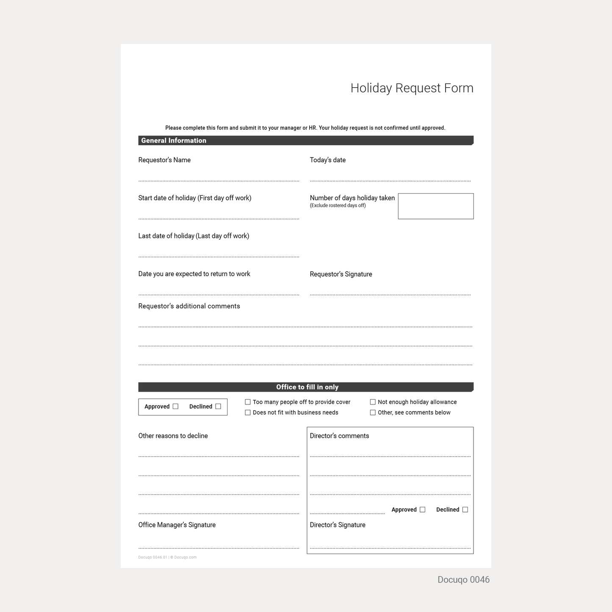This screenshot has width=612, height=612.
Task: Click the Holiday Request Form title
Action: (x=412, y=88)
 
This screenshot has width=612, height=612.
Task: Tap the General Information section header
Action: (x=174, y=141)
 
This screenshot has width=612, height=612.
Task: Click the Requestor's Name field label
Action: (x=164, y=160)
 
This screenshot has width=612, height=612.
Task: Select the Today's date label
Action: (x=327, y=160)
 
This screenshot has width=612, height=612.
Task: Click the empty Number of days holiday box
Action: (x=435, y=206)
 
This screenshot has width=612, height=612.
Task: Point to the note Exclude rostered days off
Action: (x=338, y=206)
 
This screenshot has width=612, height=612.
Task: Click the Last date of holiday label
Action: (x=194, y=236)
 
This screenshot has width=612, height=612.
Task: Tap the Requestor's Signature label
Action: (x=341, y=274)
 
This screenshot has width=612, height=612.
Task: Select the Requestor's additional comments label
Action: (x=189, y=306)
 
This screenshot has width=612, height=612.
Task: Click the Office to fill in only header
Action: (x=307, y=387)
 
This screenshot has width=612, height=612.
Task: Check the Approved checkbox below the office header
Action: (x=175, y=407)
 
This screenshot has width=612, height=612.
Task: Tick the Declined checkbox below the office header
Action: (x=218, y=407)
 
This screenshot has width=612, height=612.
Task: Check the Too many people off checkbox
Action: (x=248, y=402)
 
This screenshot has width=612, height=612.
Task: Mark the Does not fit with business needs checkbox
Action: (x=248, y=413)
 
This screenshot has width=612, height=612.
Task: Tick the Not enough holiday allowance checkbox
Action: (x=373, y=402)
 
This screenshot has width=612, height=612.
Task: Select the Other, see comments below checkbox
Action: (x=373, y=413)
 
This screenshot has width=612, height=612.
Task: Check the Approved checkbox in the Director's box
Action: (x=422, y=510)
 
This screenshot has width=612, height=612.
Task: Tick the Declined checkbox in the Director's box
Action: (x=465, y=510)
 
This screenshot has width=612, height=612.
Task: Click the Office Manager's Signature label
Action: (x=177, y=525)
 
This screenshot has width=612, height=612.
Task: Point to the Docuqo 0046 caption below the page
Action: (x=463, y=580)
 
